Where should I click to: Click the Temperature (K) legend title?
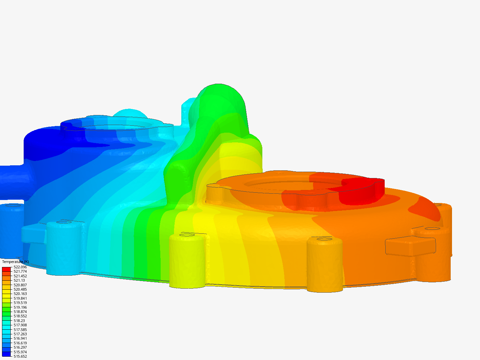click(15, 262)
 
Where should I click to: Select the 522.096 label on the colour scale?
click(20, 267)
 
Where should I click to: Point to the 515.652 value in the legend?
click(20, 356)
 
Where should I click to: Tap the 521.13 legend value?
click(19, 280)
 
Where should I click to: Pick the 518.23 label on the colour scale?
click(19, 321)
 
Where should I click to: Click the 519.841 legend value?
click(20, 298)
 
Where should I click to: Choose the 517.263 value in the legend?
click(20, 334)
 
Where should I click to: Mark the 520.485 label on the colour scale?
click(20, 289)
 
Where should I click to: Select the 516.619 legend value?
click(20, 343)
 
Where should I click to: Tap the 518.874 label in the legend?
click(20, 312)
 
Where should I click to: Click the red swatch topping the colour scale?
click(6, 269)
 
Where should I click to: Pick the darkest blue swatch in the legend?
click(6, 354)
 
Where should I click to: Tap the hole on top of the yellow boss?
click(187, 235)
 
